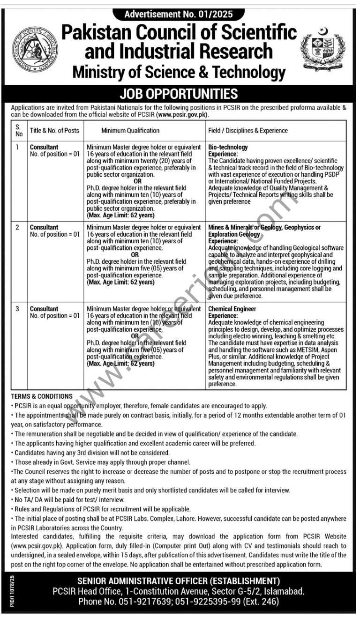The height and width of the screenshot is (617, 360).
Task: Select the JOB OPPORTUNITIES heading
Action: [x=179, y=94]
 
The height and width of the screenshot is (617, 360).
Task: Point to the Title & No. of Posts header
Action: [x=54, y=131]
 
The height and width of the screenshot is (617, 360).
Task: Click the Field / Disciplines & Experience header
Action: [x=248, y=131]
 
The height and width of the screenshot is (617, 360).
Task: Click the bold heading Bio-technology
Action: [x=228, y=147]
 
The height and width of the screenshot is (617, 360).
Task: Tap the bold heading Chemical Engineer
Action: [x=232, y=309]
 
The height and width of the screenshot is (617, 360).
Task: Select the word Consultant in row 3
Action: [x=44, y=309]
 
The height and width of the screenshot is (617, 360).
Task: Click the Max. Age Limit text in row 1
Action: [x=120, y=215]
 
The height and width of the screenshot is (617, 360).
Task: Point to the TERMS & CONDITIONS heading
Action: [x=42, y=396]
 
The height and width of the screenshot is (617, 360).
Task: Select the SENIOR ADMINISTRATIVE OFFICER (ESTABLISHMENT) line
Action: [x=179, y=581]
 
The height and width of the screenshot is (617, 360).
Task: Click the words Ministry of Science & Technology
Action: [x=179, y=73]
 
